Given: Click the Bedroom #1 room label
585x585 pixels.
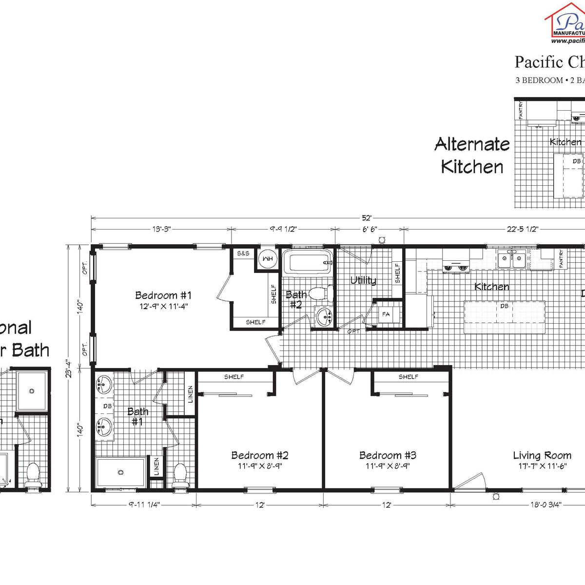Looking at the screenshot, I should tap(163, 295).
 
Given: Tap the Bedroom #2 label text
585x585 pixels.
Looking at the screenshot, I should tap(260, 455).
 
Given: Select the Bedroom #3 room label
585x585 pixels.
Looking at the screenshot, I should tap(388, 455).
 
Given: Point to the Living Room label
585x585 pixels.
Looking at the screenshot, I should tap(542, 455).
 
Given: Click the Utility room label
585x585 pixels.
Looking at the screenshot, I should tap(363, 280).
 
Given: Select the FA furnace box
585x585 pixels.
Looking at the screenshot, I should tap(386, 314).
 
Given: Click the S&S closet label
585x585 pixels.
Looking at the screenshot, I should tap(243, 253).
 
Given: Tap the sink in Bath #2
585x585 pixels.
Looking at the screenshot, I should tap(324, 317).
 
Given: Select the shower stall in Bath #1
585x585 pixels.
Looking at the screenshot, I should tap(120, 472).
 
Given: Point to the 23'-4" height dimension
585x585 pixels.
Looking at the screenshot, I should tap(70, 368).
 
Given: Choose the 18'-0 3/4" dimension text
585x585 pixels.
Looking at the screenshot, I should tap(546, 505).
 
